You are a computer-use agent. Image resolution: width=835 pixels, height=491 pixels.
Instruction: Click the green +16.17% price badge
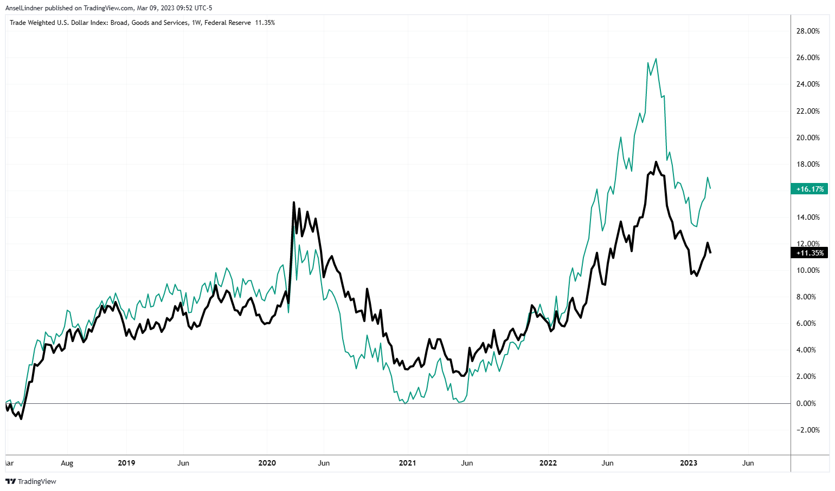pyautogui.click(x=810, y=189)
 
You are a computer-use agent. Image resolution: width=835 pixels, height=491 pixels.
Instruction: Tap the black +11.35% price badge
pyautogui.click(x=810, y=253)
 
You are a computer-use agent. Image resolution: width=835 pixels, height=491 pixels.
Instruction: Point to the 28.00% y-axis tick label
pyautogui.click(x=808, y=31)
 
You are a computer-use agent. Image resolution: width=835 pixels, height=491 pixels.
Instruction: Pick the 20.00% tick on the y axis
pyautogui.click(x=808, y=138)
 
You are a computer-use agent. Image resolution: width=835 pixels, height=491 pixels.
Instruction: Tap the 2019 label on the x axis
pyautogui.click(x=126, y=463)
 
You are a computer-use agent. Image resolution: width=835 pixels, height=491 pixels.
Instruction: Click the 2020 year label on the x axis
pyautogui.click(x=267, y=463)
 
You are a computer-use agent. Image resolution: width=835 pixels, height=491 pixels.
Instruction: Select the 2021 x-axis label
pyautogui.click(x=407, y=463)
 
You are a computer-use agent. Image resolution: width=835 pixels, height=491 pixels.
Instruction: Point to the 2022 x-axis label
pyautogui.click(x=548, y=463)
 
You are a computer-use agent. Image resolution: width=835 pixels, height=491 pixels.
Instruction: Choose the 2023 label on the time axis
pyautogui.click(x=689, y=463)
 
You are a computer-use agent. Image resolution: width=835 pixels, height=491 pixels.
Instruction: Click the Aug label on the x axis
pyautogui.click(x=67, y=463)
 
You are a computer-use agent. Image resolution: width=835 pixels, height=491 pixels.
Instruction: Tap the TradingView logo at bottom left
pyautogui.click(x=31, y=481)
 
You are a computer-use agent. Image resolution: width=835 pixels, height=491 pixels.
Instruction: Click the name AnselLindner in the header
pyautogui.click(x=24, y=8)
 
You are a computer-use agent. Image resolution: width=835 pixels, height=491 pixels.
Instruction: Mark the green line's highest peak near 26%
pyautogui.click(x=656, y=58)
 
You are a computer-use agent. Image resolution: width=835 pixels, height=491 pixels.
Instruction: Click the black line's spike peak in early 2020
pyautogui.click(x=294, y=202)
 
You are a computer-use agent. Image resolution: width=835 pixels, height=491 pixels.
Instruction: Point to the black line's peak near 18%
pyautogui.click(x=656, y=162)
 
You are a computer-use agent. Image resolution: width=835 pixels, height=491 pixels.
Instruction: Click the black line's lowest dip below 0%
pyautogui.click(x=21, y=418)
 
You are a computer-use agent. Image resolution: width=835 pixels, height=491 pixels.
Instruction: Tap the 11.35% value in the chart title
pyautogui.click(x=265, y=23)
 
